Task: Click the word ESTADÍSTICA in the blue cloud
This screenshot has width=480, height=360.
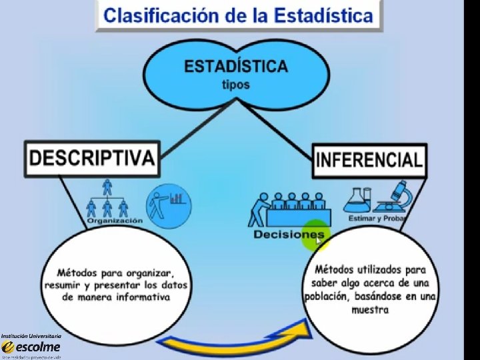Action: [x=235, y=67]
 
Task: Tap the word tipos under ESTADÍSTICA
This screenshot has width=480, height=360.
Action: [x=235, y=85]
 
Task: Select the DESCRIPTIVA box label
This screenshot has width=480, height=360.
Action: [x=92, y=158]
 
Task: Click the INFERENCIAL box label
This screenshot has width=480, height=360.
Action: [x=369, y=160]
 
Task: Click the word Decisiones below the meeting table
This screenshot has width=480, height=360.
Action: [x=288, y=234]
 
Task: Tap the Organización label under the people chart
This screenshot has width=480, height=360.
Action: [x=114, y=220]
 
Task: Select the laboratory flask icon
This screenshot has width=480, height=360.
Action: [x=357, y=199]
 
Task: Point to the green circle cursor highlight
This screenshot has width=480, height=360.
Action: [x=315, y=235]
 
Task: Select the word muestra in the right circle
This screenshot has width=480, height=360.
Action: [x=370, y=309]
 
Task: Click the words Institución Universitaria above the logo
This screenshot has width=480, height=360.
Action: [x=31, y=335]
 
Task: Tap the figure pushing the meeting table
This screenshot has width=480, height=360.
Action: [x=257, y=209]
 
